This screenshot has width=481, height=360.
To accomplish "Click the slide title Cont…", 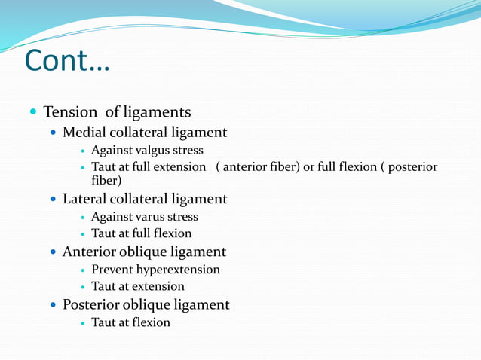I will (67, 61).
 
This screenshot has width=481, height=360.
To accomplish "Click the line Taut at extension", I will (138, 287).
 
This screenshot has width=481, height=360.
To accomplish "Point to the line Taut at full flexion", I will (142, 234).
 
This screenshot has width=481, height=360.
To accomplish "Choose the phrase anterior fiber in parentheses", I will (256, 166).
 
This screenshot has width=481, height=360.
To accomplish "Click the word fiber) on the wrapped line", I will (106, 181).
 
